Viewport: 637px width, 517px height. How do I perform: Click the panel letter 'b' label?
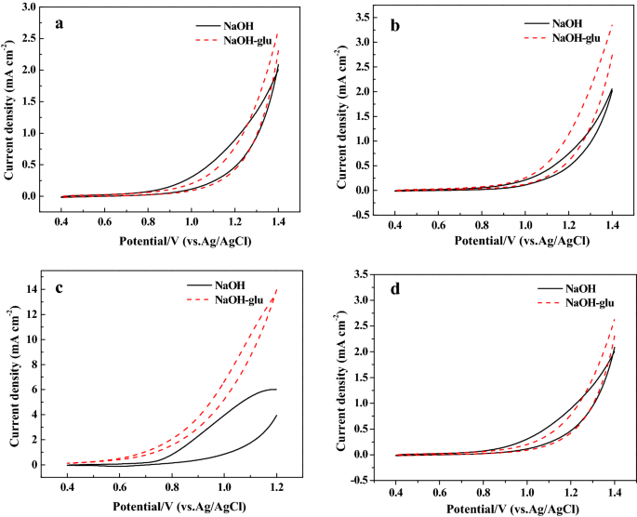[394, 26]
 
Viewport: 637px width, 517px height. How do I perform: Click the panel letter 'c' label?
[58, 286]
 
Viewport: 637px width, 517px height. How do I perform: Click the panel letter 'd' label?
[395, 288]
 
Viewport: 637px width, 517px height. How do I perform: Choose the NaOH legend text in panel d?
[566, 288]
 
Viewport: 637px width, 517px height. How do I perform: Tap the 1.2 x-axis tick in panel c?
[276, 486]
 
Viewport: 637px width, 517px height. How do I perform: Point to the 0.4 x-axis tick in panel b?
[395, 226]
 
